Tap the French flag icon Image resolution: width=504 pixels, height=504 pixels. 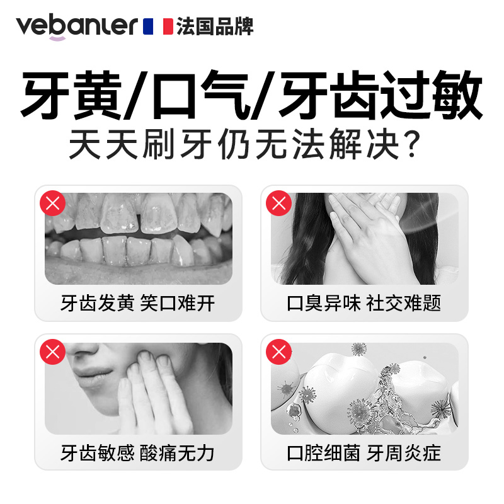pos(158,26)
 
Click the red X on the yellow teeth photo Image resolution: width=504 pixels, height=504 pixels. pos(54,203)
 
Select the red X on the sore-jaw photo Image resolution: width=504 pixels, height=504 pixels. pos(54,352)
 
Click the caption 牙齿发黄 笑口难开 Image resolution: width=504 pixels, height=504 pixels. pos(138,304)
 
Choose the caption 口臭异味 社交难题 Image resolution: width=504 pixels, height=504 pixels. pos(364,304)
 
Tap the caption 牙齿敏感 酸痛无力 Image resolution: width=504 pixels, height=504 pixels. pos(138,453)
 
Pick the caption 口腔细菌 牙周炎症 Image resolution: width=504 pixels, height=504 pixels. pos(364,453)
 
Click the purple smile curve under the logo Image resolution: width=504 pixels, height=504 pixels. pos(57,39)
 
